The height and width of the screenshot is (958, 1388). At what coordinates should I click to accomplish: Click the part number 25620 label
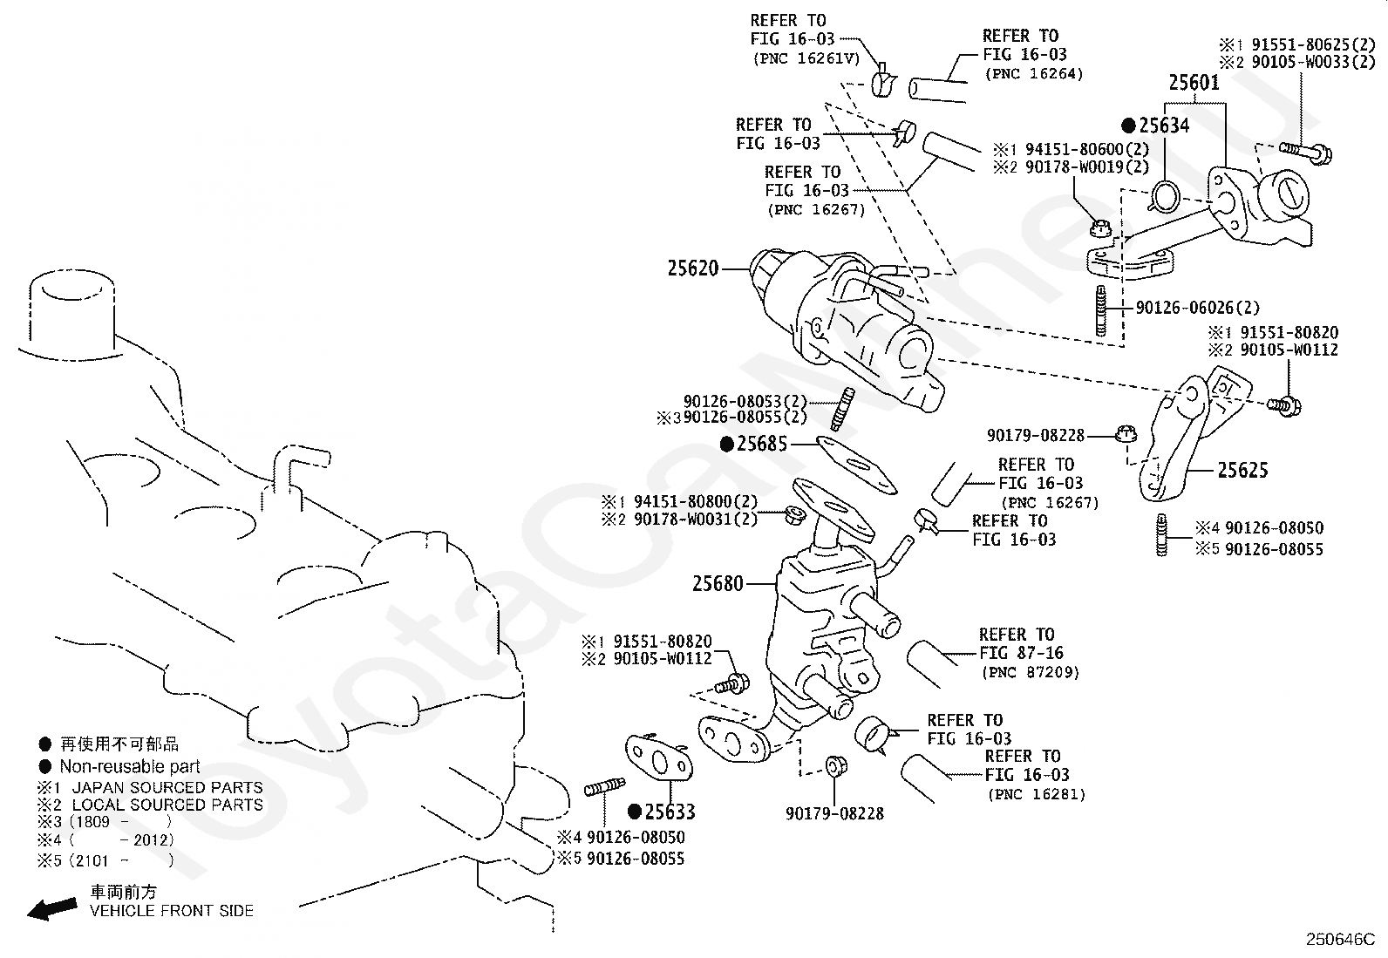[x=693, y=268]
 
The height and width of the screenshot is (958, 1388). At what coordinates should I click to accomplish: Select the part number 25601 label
[x=1194, y=83]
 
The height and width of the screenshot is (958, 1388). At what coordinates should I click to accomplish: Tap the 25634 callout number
[x=1164, y=126]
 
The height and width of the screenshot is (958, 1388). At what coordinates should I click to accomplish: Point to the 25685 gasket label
[x=761, y=444]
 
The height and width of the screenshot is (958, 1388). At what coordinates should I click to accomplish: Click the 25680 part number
[x=718, y=583]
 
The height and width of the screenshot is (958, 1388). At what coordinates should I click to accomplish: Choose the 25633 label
[x=670, y=812]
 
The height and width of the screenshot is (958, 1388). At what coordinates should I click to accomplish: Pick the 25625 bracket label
[x=1243, y=471]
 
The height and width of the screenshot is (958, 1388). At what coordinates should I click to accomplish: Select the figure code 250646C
[x=1340, y=940]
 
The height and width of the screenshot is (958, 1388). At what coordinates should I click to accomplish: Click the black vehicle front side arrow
[x=52, y=908]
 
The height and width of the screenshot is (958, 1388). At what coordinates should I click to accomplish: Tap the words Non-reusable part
[x=130, y=766]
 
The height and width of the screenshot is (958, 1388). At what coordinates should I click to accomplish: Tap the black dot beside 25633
[x=635, y=812]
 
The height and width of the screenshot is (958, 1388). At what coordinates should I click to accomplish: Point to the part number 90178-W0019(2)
[x=1087, y=166]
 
